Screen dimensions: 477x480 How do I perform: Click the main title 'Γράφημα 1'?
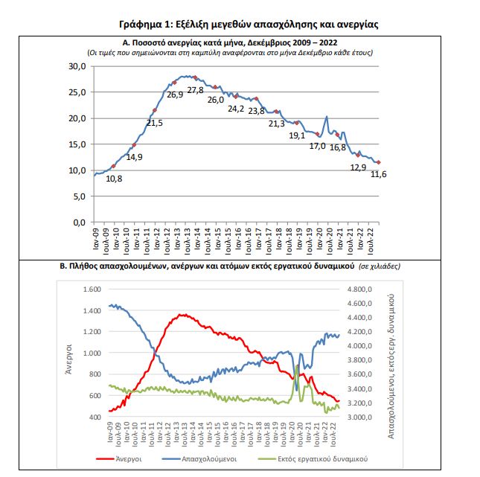point(239,25)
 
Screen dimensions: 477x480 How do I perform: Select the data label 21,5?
point(155,123)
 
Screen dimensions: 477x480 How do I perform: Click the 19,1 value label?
point(297,135)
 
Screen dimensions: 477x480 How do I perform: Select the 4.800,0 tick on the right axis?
point(363,289)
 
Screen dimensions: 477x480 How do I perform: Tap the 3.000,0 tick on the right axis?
point(363,417)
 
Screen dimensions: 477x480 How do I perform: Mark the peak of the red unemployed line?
point(182,315)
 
